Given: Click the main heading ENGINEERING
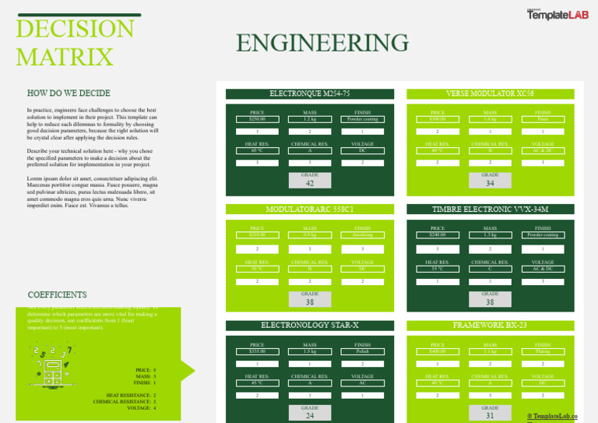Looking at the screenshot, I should click(322, 43).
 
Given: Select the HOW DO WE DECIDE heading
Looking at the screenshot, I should click(69, 93).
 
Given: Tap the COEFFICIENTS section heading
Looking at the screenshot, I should click(57, 295).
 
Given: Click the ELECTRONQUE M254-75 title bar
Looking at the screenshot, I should click(310, 93).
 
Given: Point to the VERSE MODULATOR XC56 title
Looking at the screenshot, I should click(490, 93).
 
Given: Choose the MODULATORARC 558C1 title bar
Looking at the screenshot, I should click(310, 210).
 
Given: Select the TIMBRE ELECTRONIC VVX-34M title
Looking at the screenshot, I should click(490, 210).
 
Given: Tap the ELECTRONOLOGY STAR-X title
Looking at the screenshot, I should click(310, 324).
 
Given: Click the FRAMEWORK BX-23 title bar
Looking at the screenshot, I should click(490, 324).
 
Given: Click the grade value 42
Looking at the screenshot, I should click(310, 184).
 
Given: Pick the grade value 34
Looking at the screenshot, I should click(490, 184).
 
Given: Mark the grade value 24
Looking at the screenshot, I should click(310, 416).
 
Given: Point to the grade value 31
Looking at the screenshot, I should click(490, 416).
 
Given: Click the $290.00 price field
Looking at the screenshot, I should click(257, 119).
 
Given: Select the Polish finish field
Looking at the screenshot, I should click(362, 351).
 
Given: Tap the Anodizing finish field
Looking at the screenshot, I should click(362, 235).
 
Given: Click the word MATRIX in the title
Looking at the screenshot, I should click(65, 57).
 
